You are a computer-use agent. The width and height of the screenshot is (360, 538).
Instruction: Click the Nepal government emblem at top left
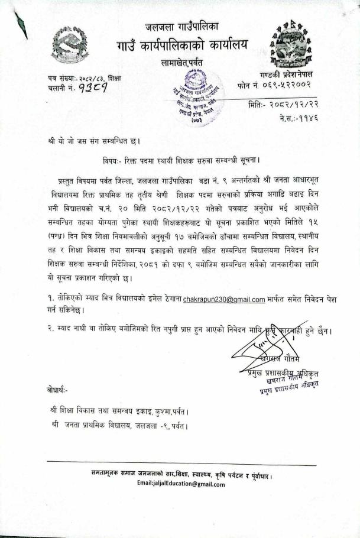pos(70,47)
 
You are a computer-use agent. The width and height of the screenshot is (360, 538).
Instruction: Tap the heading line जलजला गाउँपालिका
pos(182,26)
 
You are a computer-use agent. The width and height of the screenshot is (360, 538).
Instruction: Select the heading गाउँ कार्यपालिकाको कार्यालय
pos(182,44)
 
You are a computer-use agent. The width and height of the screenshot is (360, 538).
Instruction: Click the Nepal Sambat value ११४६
pos(307,118)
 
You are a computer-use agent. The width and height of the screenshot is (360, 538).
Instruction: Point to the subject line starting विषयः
pos(181,160)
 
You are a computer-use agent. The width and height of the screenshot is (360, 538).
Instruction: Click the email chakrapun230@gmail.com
pos(224,300)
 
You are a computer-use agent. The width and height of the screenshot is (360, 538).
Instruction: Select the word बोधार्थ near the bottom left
pos(57,390)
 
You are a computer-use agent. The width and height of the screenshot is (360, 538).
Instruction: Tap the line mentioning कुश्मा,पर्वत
pos(124,410)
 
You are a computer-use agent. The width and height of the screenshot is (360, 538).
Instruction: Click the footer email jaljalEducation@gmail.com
pos(181,484)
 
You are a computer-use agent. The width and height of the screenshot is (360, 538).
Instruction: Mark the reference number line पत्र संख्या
pos(85,78)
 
